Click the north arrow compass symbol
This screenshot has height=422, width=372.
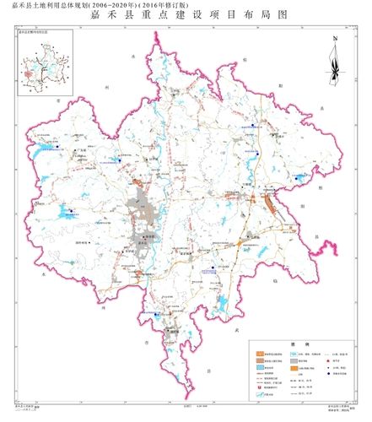click(335, 61)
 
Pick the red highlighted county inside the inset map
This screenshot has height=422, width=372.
click(36, 73)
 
